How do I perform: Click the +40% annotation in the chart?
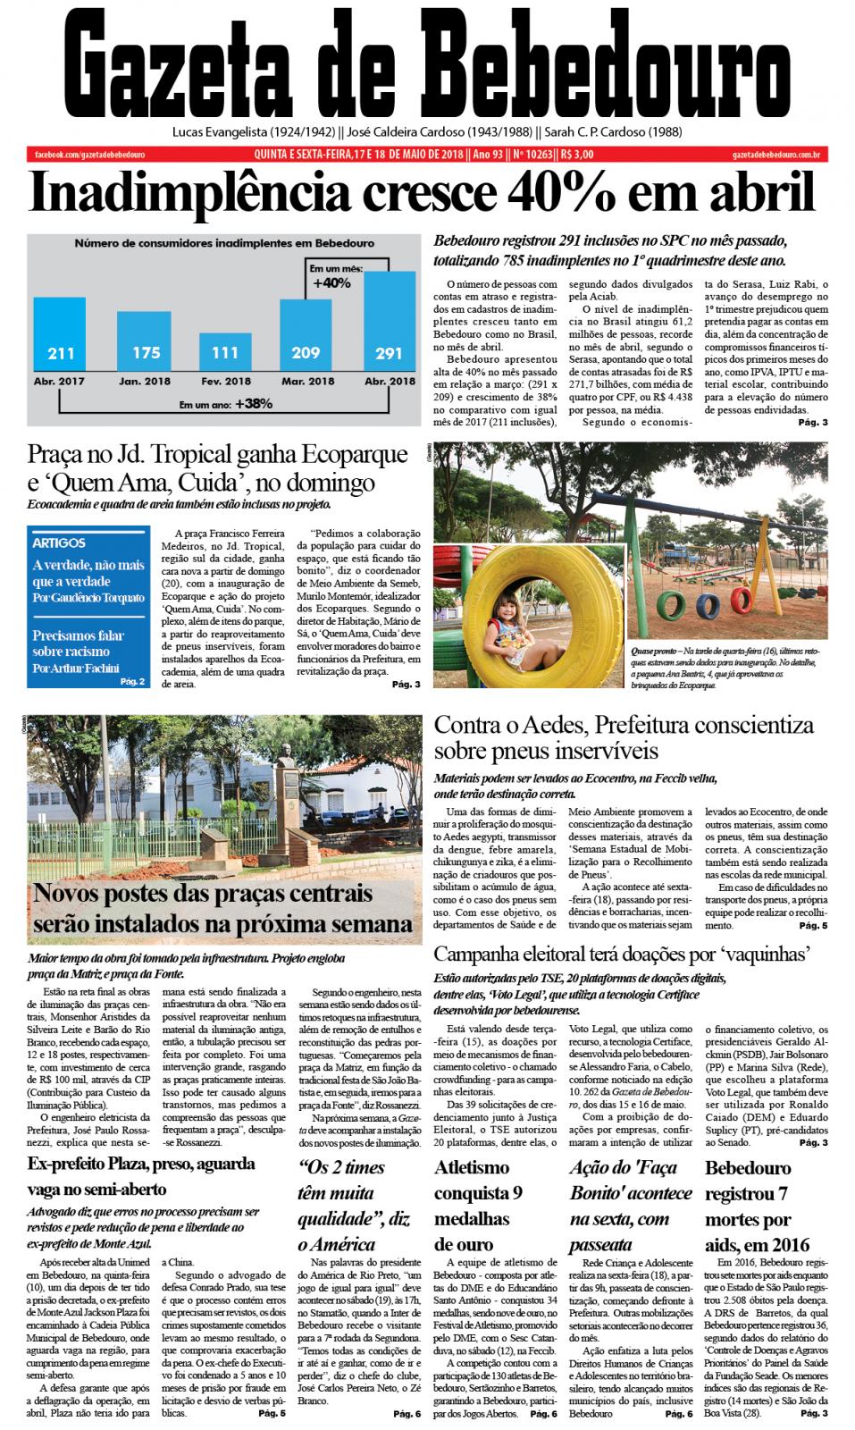[331, 282]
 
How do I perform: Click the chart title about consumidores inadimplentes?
[224, 243]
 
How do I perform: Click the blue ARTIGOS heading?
[59, 543]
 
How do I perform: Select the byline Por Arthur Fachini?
[76, 668]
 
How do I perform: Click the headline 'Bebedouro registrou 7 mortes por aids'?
[759, 1205]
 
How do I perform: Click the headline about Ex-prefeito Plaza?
[141, 1176]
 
